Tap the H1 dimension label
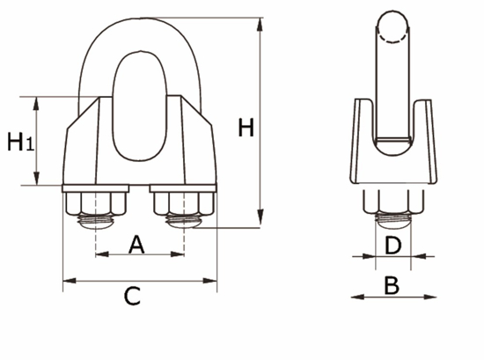20,142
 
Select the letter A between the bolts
136,245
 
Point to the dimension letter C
131,296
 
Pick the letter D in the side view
393,244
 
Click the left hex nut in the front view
91,204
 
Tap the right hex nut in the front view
184,204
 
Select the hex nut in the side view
393,204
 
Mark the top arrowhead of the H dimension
260,24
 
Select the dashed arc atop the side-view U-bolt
393,33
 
